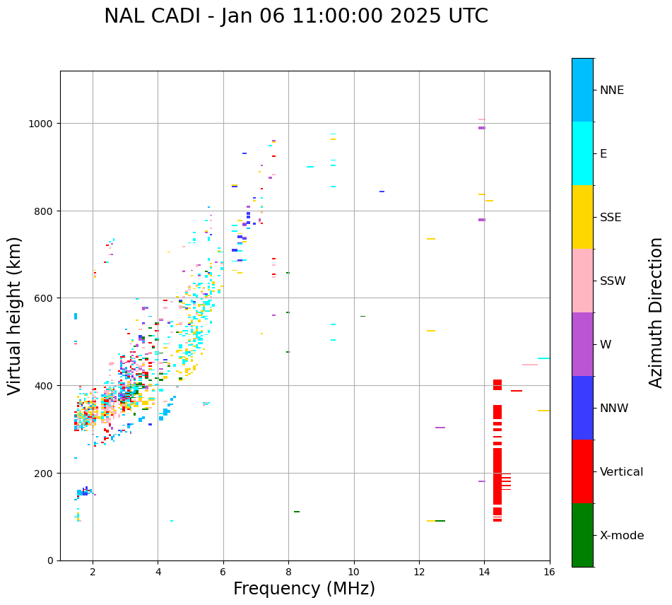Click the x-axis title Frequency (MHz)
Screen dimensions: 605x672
pos(304,589)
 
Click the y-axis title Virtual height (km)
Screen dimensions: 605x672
pos(15,315)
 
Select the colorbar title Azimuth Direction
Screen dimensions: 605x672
pos(656,312)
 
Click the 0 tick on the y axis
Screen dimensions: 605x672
pos(51,560)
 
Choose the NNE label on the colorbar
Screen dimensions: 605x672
pos(612,90)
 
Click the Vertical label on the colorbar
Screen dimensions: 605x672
pos(621,472)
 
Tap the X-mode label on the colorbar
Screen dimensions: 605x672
pos(622,536)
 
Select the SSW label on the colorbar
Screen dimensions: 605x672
pos(613,281)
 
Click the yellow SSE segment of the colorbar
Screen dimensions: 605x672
pos(582,217)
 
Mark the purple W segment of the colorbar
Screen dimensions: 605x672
pos(582,344)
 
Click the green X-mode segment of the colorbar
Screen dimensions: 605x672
pos(582,535)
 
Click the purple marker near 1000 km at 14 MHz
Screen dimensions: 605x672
pos(482,128)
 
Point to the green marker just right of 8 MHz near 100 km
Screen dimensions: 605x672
pos(297,512)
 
